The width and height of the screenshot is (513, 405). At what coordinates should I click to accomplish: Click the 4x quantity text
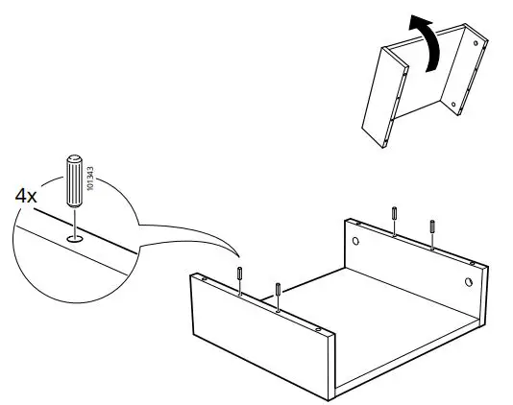pyautogui.click(x=25, y=195)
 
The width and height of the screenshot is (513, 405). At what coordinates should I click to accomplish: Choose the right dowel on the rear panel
pyautogui.click(x=432, y=228)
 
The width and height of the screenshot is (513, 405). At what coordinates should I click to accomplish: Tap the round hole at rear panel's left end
pyautogui.click(x=356, y=241)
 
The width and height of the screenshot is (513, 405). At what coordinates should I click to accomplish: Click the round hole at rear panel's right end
pyautogui.click(x=468, y=282)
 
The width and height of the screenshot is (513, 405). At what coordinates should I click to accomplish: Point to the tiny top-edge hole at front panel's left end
pyautogui.click(x=204, y=279)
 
